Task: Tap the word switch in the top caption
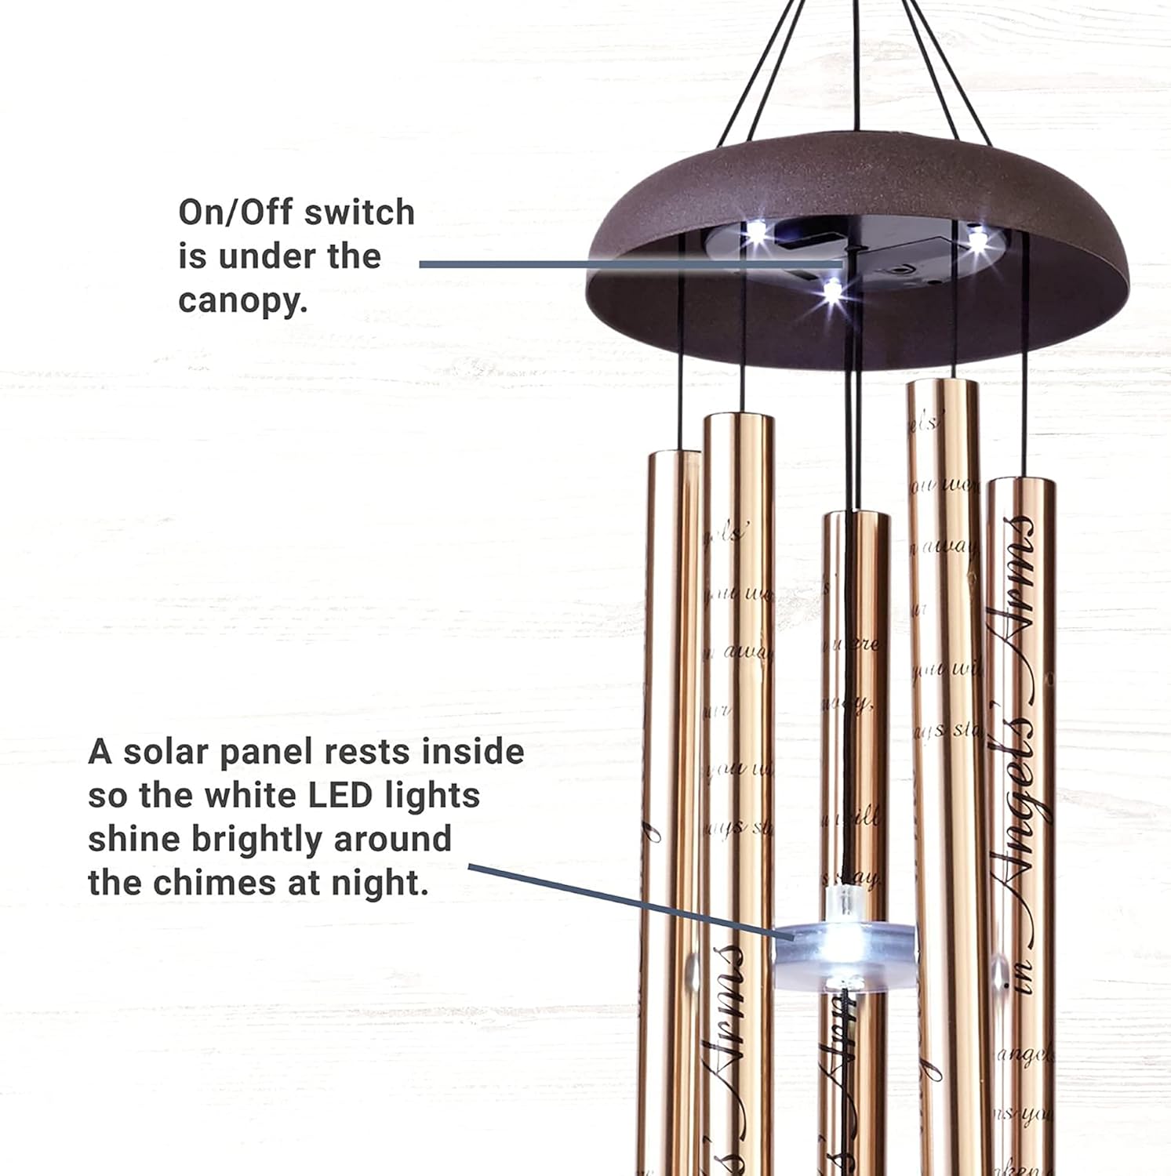point(359,212)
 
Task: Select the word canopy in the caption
point(243,301)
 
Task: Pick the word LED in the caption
point(340,796)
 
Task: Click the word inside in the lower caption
point(473,752)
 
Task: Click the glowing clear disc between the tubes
point(845,949)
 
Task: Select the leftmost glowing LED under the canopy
point(755,232)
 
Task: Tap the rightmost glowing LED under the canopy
point(977,239)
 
